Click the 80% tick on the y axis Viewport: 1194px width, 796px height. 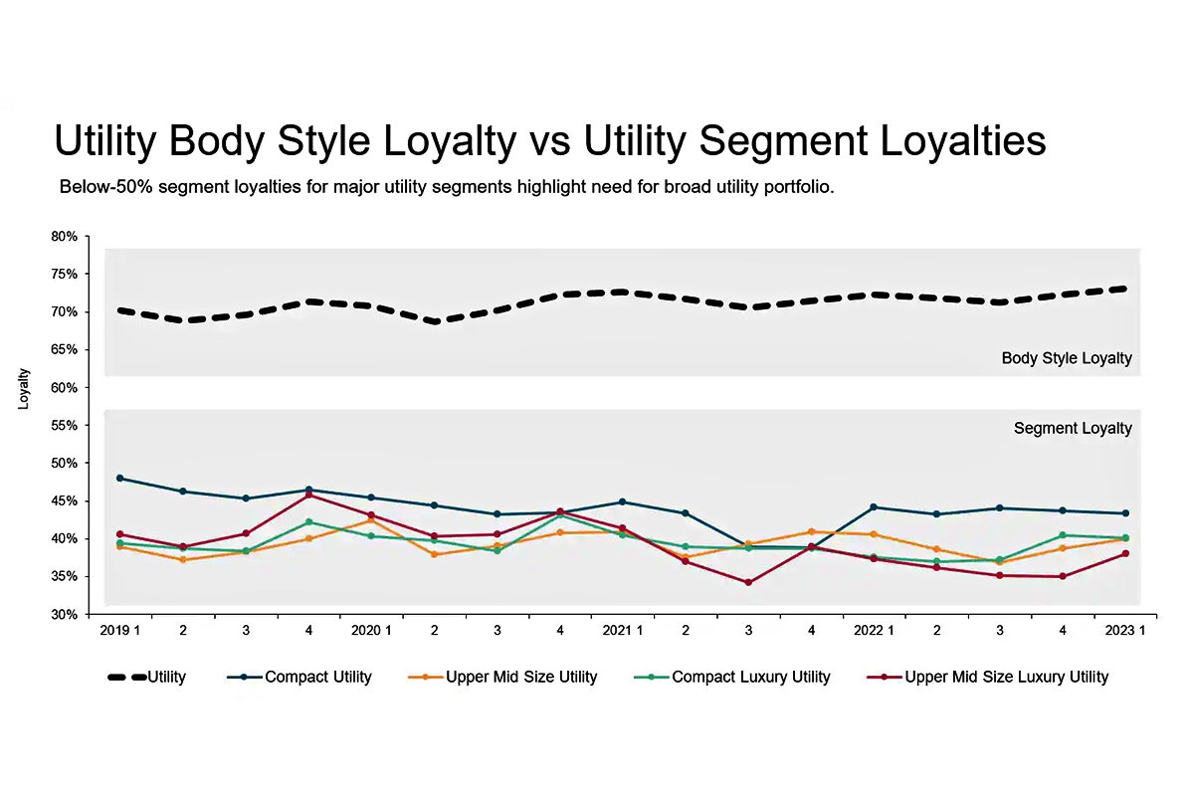[64, 237]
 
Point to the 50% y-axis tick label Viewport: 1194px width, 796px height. [64, 464]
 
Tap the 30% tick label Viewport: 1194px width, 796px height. [64, 615]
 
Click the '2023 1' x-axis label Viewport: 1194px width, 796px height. [1122, 631]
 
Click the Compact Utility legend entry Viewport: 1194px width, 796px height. [317, 678]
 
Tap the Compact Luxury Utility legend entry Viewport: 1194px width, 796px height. [750, 678]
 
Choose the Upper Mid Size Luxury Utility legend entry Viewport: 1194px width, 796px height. [1005, 678]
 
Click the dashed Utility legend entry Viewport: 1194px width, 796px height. [146, 678]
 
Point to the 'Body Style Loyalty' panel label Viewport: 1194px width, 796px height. [1067, 358]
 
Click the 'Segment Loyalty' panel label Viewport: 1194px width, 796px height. [1073, 429]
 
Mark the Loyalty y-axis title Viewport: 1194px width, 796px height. [24, 389]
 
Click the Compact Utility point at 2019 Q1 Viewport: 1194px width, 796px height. [120, 479]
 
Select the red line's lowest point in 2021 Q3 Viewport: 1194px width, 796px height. [748, 582]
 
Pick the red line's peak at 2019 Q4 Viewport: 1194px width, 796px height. [308, 495]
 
